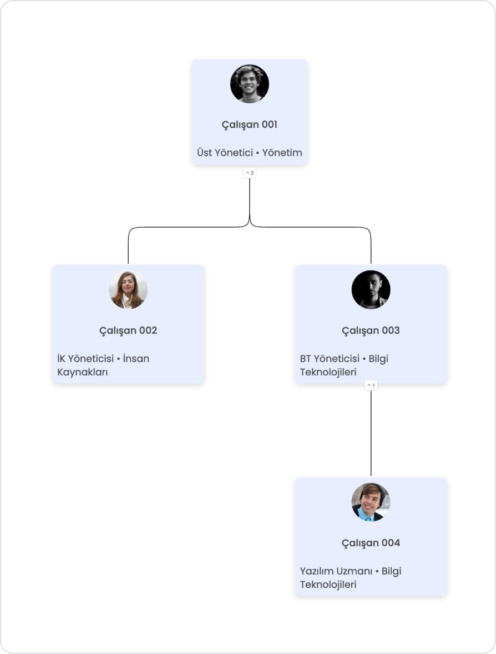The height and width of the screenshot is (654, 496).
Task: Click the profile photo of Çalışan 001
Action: (250, 84)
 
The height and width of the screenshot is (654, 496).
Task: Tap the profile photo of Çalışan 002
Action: (128, 290)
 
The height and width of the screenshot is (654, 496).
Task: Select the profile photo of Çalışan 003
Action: (371, 290)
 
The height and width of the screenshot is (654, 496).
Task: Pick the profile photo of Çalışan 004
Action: (371, 502)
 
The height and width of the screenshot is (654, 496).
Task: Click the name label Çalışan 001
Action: (250, 124)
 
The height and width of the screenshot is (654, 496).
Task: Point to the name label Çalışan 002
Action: (128, 330)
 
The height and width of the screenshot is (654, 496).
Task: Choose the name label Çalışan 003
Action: (371, 330)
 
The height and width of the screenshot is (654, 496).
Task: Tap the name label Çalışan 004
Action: (371, 542)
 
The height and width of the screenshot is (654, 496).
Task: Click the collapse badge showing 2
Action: (250, 173)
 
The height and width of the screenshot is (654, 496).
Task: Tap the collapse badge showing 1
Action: (371, 385)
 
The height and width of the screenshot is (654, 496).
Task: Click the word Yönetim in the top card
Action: (282, 153)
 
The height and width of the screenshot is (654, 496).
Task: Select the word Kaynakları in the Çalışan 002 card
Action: (83, 372)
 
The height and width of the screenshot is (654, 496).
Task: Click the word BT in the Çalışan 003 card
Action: (306, 359)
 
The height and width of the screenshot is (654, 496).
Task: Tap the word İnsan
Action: (136, 359)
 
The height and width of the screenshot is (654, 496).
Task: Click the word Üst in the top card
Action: (204, 153)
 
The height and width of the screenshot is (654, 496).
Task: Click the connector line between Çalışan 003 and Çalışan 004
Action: (371, 433)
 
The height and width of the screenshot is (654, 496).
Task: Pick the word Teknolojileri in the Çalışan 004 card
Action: (328, 585)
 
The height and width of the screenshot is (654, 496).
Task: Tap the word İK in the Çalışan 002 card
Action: (62, 359)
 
